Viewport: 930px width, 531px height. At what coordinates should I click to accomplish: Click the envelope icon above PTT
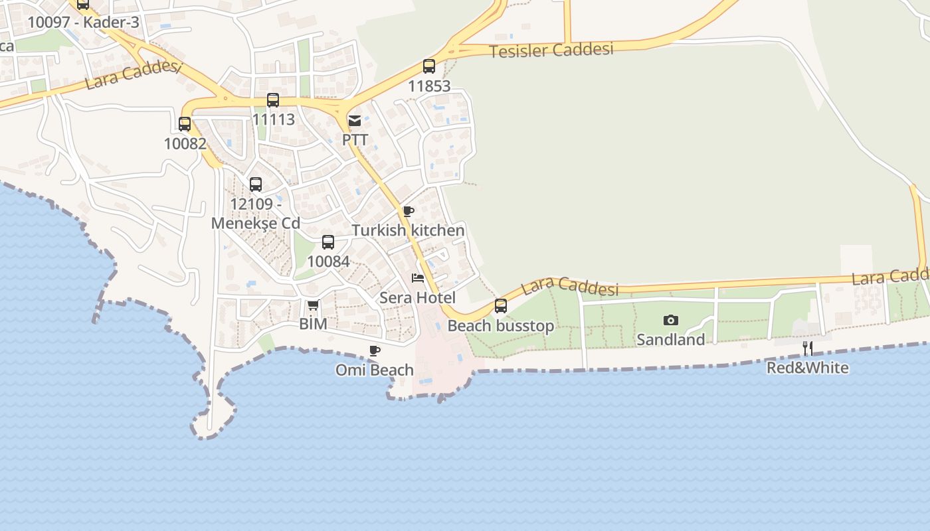point(355,121)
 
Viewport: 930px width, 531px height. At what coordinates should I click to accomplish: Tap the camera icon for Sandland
point(671,321)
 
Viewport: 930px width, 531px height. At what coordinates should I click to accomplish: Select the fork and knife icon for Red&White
point(808,348)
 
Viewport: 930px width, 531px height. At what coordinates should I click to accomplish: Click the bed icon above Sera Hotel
point(418,277)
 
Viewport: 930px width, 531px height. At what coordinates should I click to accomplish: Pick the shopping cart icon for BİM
point(313,305)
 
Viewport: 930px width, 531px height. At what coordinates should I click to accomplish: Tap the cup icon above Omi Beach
point(375,351)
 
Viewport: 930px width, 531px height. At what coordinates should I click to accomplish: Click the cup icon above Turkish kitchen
point(409,212)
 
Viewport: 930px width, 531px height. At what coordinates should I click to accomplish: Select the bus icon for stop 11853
point(429,66)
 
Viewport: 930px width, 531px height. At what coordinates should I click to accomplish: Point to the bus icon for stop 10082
point(185,124)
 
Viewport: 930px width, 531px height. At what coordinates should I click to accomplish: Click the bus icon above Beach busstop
point(501,306)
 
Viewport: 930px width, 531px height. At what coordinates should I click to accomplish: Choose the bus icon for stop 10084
point(328,242)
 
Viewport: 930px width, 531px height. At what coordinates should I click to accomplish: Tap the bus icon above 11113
point(273,100)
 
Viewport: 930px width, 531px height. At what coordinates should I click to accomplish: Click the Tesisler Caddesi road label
point(551,50)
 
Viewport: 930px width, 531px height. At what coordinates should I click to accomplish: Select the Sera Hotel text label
point(417,297)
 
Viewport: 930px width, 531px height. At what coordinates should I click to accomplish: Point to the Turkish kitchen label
point(408,230)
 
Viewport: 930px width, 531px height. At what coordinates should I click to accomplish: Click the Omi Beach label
point(374,370)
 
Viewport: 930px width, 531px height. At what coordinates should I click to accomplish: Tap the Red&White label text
point(808,367)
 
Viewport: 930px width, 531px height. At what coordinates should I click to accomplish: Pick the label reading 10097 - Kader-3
point(83,22)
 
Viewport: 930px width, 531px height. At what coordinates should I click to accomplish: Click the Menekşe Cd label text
point(256,223)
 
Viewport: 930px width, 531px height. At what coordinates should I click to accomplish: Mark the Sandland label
point(670,339)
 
